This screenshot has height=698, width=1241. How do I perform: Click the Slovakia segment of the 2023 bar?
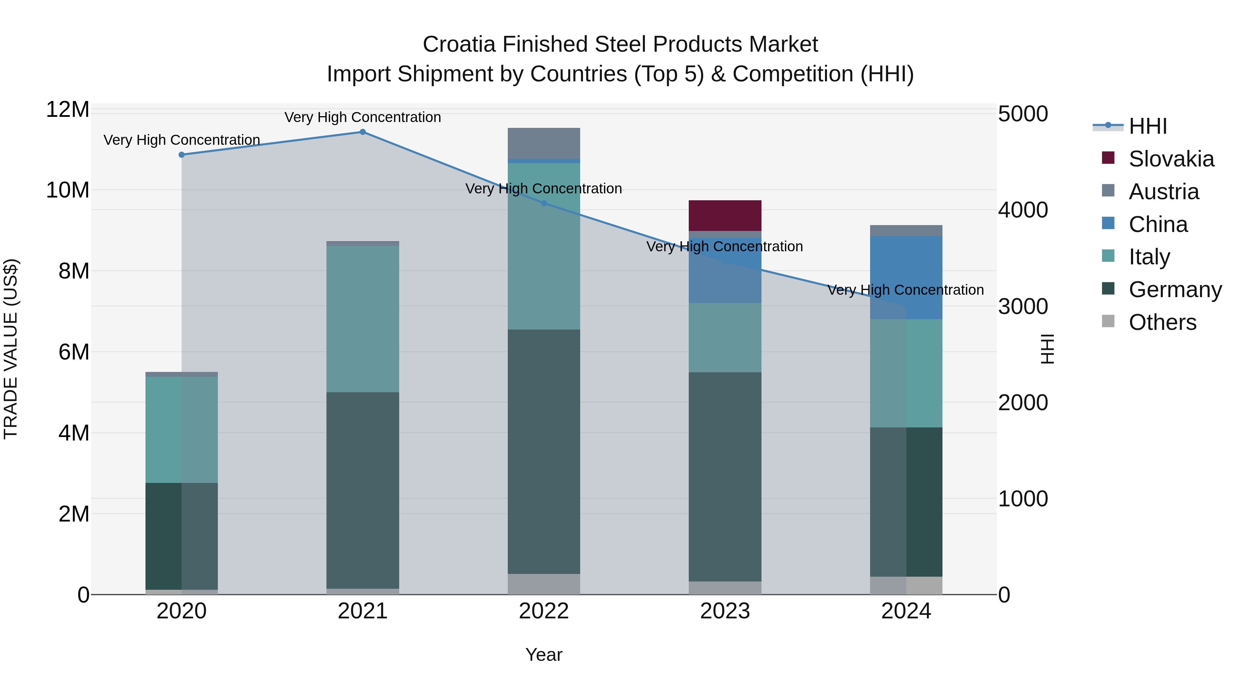(x=725, y=215)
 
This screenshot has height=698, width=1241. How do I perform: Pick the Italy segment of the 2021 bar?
(x=362, y=319)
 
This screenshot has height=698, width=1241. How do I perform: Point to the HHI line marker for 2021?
(x=363, y=132)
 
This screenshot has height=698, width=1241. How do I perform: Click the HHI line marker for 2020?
(x=182, y=155)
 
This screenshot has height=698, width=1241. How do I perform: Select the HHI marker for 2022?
(x=544, y=203)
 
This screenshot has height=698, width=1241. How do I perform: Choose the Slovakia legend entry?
(x=1171, y=159)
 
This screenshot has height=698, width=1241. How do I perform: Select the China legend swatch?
(x=1108, y=223)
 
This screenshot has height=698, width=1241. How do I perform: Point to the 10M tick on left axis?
(x=68, y=190)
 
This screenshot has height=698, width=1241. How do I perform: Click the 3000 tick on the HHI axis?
(x=1022, y=306)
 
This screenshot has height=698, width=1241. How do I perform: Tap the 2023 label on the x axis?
(x=725, y=611)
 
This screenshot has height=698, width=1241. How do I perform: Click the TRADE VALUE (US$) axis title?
(x=11, y=349)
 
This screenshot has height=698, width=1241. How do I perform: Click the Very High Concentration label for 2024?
(x=905, y=290)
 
